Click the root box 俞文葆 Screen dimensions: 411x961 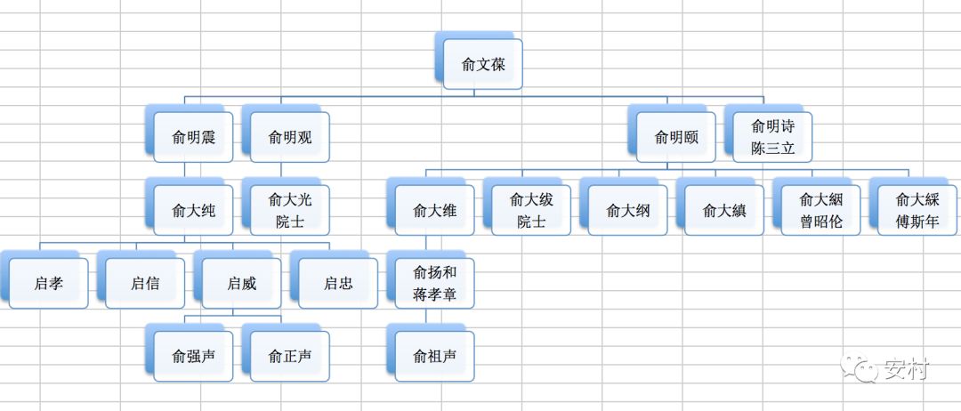click(481, 64)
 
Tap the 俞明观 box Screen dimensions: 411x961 click(289, 137)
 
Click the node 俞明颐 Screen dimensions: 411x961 click(675, 137)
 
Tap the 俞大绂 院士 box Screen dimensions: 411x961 click(531, 211)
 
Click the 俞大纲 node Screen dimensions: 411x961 click(627, 211)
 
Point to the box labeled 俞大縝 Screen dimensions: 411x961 click(723, 211)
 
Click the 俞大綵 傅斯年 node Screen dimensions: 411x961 click(917, 211)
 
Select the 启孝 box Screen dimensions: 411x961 click(48, 284)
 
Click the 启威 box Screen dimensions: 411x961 click(241, 284)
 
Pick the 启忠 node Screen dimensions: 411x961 click(337, 284)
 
